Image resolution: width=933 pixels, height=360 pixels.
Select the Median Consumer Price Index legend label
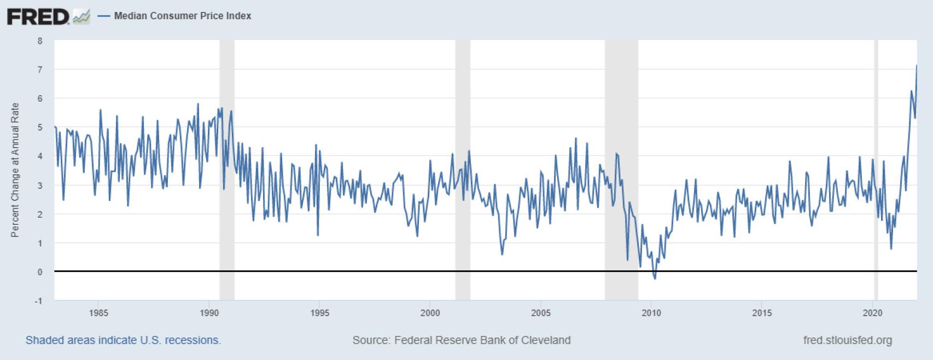click(x=182, y=16)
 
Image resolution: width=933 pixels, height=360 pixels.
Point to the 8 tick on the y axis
click(x=40, y=41)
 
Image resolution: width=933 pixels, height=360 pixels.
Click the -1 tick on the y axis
click(x=38, y=301)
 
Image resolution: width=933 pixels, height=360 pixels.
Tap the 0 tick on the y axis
click(x=40, y=272)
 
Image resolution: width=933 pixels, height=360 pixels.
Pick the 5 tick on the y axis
click(x=40, y=127)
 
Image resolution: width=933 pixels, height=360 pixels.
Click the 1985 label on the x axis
click(x=98, y=313)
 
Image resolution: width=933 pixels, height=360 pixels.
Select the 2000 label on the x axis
click(x=430, y=313)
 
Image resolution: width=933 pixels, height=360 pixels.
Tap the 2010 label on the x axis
click(x=651, y=313)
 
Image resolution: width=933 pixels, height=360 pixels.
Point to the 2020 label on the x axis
click(x=872, y=313)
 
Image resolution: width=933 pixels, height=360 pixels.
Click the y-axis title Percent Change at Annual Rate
click(x=15, y=170)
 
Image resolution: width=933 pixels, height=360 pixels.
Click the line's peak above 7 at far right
click(x=917, y=66)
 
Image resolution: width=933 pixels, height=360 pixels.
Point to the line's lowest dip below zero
click(x=655, y=279)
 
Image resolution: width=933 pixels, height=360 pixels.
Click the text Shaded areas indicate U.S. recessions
click(x=123, y=340)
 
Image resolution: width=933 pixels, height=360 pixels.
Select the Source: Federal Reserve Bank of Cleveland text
click(x=461, y=340)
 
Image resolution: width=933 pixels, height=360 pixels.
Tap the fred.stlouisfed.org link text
click(x=847, y=340)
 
